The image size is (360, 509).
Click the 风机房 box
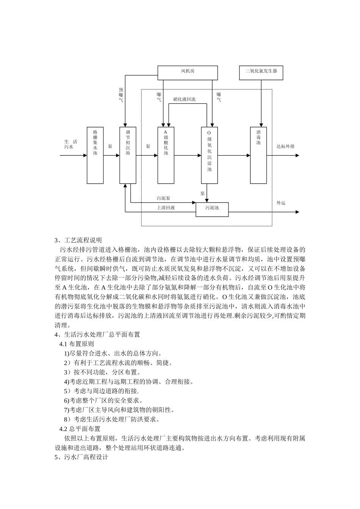[188, 73]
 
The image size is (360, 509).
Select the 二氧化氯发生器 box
[261, 73]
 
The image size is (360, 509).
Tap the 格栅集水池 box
[95, 155]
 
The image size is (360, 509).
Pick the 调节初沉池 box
[128, 155]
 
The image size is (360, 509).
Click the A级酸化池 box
[166, 155]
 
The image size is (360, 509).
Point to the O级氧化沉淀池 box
[209, 155]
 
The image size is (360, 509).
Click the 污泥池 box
[212, 209]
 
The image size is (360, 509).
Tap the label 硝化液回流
[184, 100]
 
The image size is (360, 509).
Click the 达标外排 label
[285, 146]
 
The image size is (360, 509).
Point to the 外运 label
[281, 203]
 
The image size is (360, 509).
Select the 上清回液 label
[166, 208]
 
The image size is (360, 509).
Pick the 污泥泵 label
[163, 198]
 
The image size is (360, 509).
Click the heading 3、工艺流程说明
[78, 240]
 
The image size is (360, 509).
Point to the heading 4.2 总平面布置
[80, 429]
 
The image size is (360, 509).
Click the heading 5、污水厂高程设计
[81, 457]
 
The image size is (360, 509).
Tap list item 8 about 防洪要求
[112, 419]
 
